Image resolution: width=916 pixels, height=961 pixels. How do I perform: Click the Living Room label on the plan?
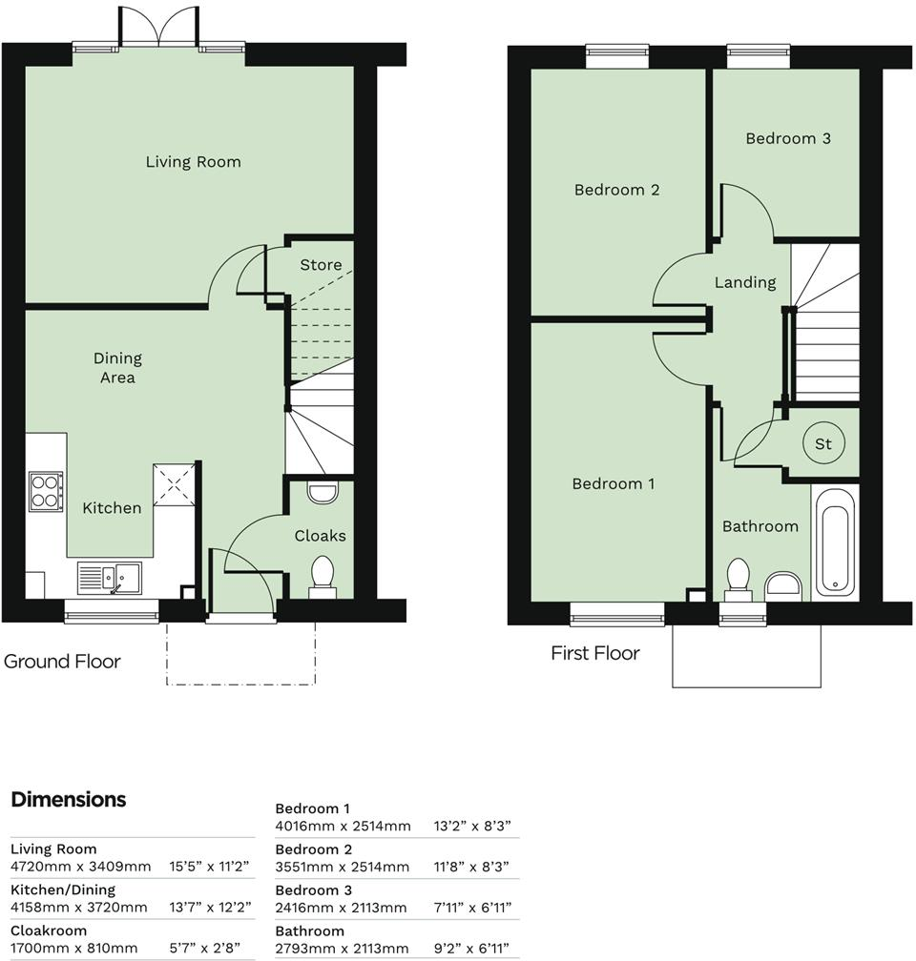pos(193,162)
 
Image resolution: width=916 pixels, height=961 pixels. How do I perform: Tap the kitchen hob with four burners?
pos(45,492)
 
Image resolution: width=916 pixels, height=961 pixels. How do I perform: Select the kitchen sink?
pos(109,578)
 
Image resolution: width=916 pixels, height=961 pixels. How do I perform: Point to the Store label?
pos(321,265)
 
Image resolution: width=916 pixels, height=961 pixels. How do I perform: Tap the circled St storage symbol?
pos(822,444)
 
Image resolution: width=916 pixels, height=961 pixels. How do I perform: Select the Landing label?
pos(745,282)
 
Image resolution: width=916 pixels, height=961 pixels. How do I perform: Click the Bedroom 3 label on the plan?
pos(787,139)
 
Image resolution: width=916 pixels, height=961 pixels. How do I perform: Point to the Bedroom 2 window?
pos(616,56)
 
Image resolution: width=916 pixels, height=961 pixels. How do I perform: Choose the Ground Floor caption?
pos(63,661)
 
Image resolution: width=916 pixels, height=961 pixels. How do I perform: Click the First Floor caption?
pos(594,653)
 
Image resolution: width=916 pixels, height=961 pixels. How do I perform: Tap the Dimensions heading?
pos(69,799)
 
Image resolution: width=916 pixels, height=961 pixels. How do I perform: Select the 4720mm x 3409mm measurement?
pos(80,867)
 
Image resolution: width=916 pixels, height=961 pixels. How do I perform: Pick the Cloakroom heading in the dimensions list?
pos(49,930)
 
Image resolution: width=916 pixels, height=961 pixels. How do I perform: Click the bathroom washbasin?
pos(785,583)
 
